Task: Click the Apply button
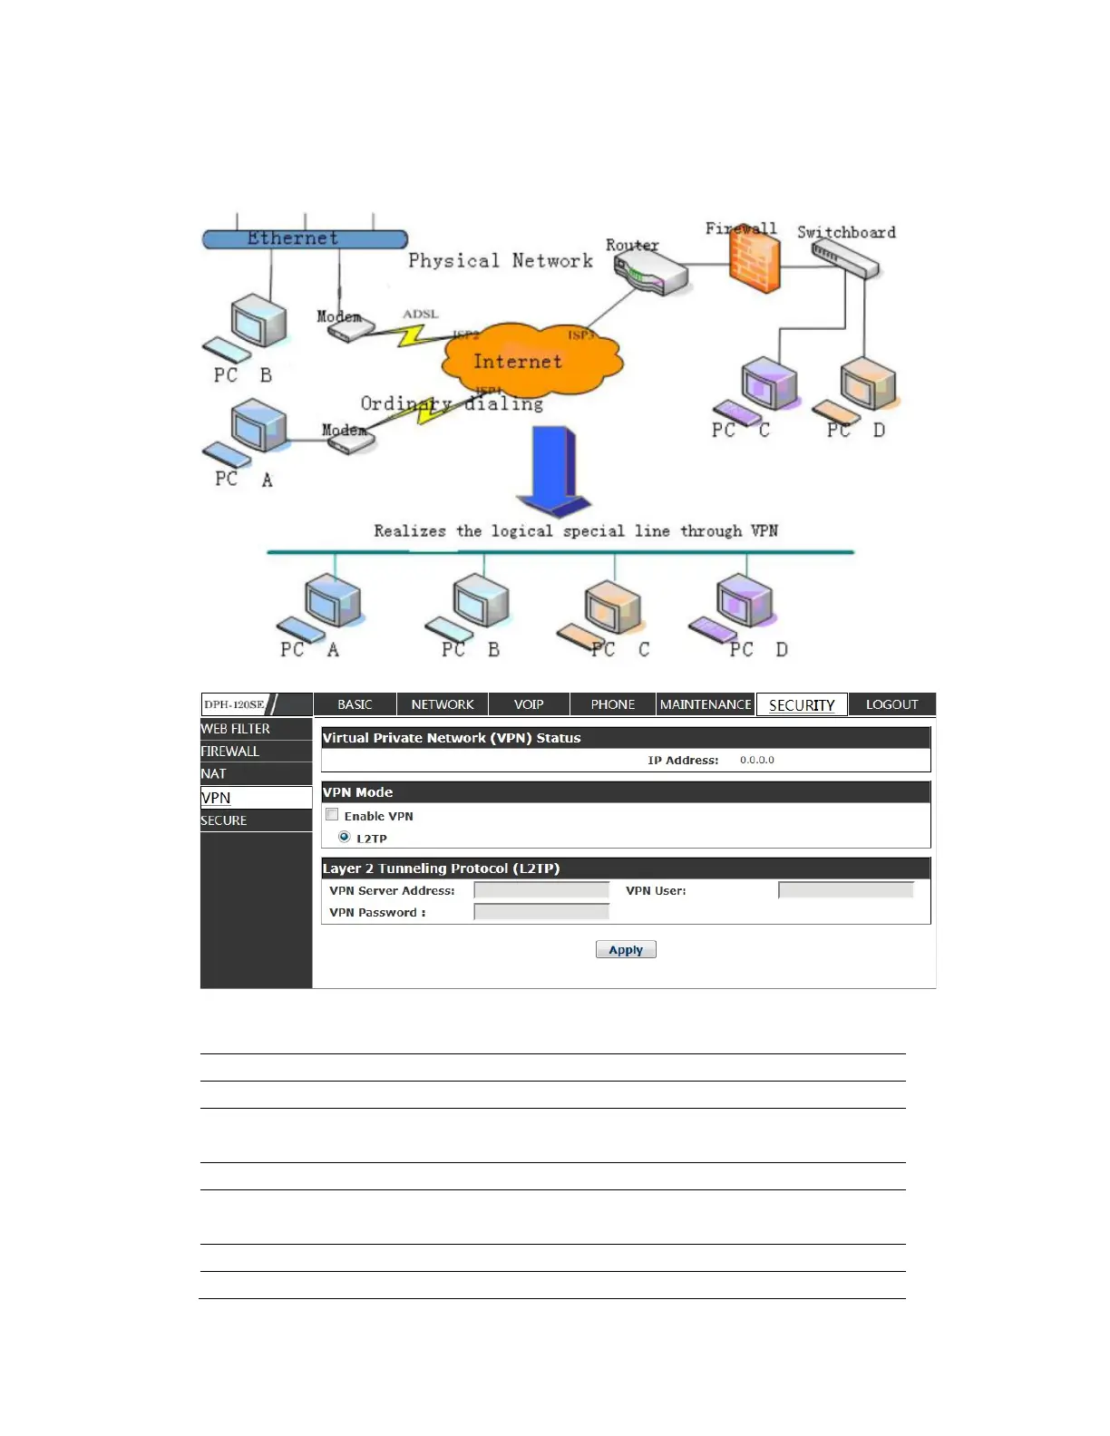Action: [626, 949]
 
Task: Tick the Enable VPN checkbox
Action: [332, 815]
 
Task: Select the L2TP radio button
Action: [345, 837]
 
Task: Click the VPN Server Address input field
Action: [541, 890]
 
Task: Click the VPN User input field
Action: [845, 890]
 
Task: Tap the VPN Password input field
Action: [541, 912]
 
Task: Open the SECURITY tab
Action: [802, 704]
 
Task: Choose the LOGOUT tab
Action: [891, 704]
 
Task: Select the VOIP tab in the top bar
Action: [529, 704]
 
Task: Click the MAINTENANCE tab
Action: [706, 704]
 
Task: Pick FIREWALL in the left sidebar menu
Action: [230, 752]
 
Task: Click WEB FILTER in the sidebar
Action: [236, 729]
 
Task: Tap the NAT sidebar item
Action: [214, 773]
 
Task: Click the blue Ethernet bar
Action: [305, 239]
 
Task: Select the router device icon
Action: [649, 273]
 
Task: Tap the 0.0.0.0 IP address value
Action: [757, 760]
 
